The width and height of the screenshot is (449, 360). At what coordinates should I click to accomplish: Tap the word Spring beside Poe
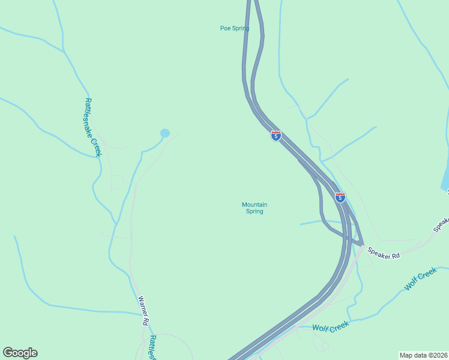240,28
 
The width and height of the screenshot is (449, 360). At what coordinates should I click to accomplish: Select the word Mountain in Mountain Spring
255,205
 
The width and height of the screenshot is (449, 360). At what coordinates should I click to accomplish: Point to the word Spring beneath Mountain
255,211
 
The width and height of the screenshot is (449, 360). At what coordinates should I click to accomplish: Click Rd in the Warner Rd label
146,322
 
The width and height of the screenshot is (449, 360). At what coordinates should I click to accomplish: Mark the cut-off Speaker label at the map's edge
442,224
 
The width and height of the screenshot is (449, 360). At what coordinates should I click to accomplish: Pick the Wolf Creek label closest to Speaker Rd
420,280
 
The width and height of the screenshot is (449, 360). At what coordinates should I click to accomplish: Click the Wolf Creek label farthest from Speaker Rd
330,326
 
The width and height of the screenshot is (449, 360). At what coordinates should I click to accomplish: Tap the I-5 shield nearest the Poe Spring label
276,136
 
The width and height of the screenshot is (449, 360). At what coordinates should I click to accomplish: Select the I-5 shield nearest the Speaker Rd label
340,197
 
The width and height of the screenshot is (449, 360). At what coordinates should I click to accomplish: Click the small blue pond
165,133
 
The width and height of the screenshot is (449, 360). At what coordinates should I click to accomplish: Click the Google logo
20,353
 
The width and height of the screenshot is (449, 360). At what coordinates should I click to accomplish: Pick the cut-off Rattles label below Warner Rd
152,347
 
